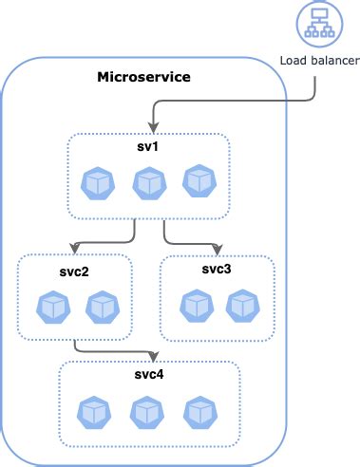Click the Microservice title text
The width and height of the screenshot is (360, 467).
pos(143,75)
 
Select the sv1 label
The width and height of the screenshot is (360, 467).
pos(147,148)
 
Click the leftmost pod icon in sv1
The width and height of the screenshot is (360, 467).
pos(98,183)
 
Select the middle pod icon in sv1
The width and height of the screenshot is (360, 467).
pos(148,183)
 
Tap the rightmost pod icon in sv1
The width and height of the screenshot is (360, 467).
pos(198,181)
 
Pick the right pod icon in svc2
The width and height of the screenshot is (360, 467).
pos(101,307)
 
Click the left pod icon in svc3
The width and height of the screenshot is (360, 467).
pos(195,306)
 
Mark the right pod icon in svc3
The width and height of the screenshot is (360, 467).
pos(243,306)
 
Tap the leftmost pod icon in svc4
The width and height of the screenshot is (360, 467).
pos(95,411)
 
